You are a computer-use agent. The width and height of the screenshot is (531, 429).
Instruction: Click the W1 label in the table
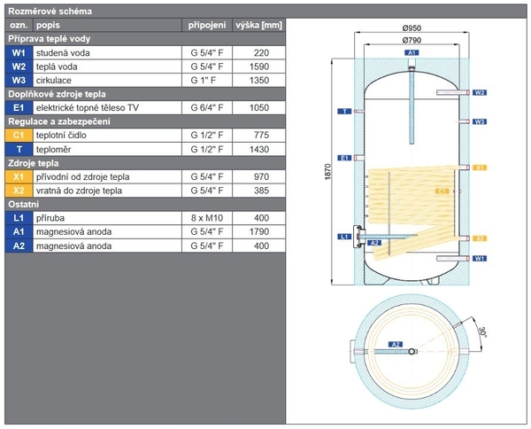coord(18,52)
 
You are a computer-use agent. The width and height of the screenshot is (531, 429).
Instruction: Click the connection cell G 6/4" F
coord(206,106)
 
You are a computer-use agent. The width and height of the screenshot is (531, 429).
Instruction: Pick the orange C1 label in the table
coord(18,134)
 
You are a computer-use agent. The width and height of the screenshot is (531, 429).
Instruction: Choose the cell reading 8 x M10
coord(206,217)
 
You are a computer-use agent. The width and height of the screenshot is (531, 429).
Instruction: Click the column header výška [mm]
coord(258,25)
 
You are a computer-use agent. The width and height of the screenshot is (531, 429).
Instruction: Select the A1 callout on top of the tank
coord(412,54)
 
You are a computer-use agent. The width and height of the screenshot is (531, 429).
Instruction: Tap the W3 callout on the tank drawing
coord(480,121)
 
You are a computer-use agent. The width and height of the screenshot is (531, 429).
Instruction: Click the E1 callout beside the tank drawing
coord(344,158)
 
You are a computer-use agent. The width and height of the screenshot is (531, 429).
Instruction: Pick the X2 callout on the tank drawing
coord(480,238)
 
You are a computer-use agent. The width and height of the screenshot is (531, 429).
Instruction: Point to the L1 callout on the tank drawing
coord(344,237)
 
